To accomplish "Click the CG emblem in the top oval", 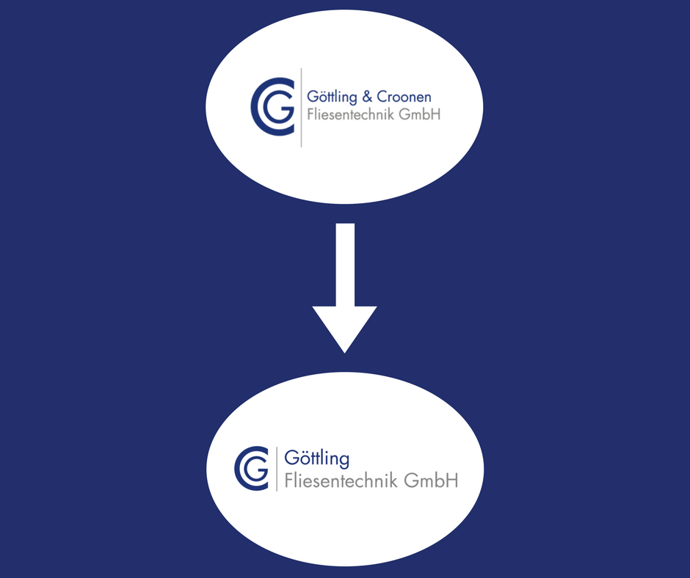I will (x=272, y=106).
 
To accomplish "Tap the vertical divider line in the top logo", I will (x=301, y=106).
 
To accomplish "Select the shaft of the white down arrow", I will (x=344, y=264).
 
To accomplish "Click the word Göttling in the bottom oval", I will (x=316, y=459).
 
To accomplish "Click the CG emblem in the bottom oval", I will (x=253, y=467).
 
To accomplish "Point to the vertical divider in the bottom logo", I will (x=277, y=469).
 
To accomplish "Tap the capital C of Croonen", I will (x=385, y=97).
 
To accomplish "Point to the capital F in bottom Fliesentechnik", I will (x=288, y=481).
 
